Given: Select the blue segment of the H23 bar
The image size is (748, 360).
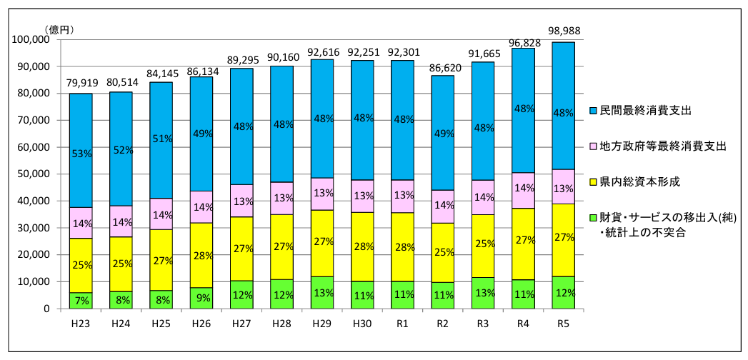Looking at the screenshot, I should (81, 129).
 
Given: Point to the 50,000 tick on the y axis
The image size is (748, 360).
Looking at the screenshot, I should (32, 174).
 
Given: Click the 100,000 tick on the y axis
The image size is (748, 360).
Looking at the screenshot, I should (30, 40).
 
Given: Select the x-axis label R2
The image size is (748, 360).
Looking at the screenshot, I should (443, 323).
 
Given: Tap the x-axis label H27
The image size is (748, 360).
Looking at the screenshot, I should (241, 323).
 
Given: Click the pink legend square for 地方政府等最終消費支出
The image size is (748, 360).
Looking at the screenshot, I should (592, 146).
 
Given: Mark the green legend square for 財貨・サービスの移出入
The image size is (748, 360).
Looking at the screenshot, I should (592, 217).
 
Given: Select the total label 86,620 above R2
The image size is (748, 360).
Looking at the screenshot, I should (443, 66).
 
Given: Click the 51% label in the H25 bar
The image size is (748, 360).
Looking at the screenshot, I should (161, 139).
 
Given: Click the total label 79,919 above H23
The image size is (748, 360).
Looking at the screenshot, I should (81, 84).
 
